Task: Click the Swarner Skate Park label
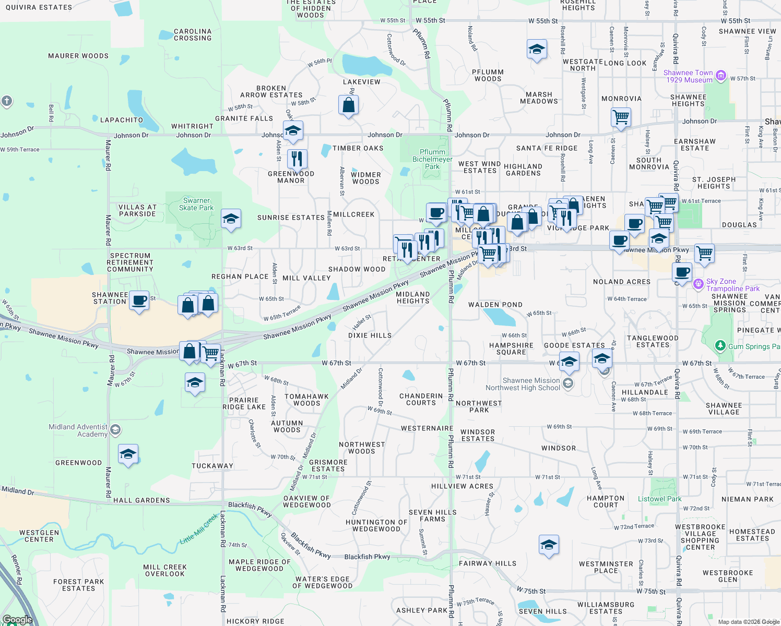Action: [x=196, y=204]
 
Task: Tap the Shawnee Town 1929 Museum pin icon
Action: [x=721, y=76]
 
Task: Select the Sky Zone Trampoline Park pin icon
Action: [x=698, y=285]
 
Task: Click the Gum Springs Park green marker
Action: [x=720, y=346]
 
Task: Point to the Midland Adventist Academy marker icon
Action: [x=115, y=430]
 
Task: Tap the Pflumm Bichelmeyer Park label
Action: [x=432, y=159]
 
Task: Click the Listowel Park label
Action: [x=659, y=499]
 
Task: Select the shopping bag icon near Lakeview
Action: [x=348, y=105]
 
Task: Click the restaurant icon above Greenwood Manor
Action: [x=297, y=159]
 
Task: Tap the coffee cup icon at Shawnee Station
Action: [x=139, y=301]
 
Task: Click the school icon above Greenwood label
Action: [x=128, y=454]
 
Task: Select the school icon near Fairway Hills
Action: [x=548, y=545]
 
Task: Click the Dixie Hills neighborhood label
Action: [x=370, y=335]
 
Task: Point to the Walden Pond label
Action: [x=495, y=305]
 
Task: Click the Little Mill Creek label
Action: [x=199, y=529]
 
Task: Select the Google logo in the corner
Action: [x=17, y=620]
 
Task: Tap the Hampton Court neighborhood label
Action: [x=606, y=501]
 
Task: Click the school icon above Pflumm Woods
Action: [x=537, y=50]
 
